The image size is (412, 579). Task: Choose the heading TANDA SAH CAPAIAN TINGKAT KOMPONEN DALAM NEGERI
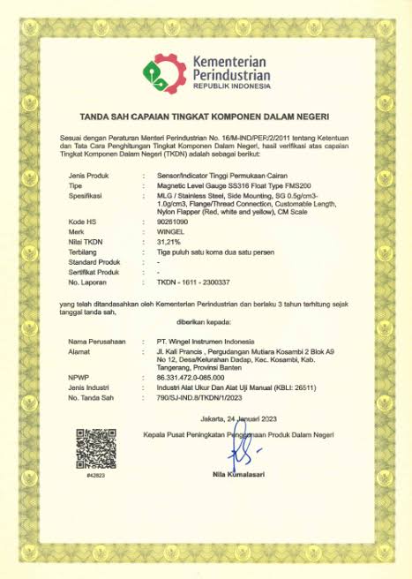click(x=206, y=116)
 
